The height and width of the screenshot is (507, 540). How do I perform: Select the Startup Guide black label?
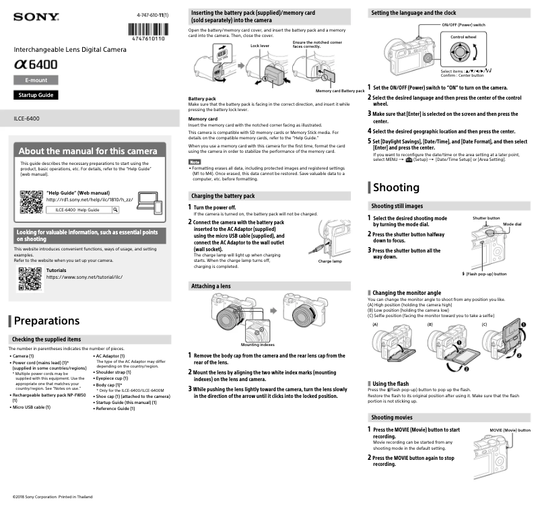(x=35, y=95)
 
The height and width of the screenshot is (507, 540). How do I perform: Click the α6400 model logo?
(x=36, y=65)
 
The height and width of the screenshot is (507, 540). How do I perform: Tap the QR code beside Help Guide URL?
(x=30, y=201)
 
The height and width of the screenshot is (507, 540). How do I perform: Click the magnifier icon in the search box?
(x=115, y=210)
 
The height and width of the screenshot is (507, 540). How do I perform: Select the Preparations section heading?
(x=46, y=320)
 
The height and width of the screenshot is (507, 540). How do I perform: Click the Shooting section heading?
(x=397, y=187)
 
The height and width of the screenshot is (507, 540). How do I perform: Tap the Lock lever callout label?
(x=259, y=46)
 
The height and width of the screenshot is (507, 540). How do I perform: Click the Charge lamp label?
(x=329, y=261)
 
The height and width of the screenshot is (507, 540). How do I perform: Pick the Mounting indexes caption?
(x=258, y=345)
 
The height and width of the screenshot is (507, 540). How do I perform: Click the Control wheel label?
(x=463, y=36)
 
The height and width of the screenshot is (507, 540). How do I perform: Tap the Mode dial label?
(x=512, y=224)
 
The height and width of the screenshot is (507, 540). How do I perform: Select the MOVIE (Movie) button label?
(x=510, y=430)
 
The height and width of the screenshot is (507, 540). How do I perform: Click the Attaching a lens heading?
(x=211, y=286)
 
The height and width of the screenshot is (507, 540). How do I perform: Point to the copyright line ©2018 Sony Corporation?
(x=46, y=497)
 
